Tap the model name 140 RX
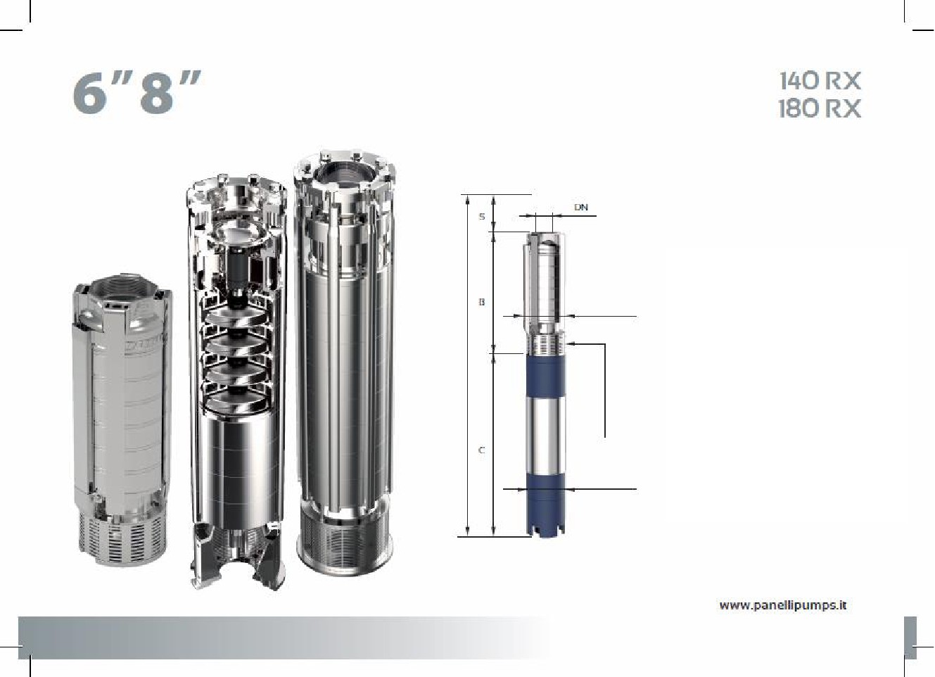tap(820, 81)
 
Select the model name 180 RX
tap(820, 108)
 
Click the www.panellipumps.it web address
tap(782, 606)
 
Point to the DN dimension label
tap(581, 207)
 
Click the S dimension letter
tap(482, 217)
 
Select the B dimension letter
tap(482, 301)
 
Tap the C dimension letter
tap(482, 450)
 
